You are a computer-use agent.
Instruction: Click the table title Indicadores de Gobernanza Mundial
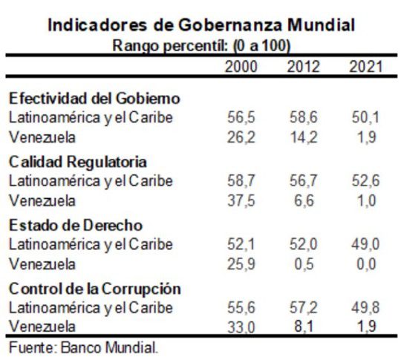click(x=200, y=24)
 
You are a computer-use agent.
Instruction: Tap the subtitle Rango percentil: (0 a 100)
click(x=200, y=45)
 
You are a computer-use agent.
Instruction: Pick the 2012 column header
click(x=303, y=67)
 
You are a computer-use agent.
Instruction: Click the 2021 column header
click(x=365, y=67)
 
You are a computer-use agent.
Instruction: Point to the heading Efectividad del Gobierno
click(x=94, y=99)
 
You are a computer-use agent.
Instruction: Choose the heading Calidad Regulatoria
click(x=78, y=162)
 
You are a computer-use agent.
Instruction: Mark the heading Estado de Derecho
click(x=76, y=225)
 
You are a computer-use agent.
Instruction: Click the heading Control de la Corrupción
click(x=95, y=289)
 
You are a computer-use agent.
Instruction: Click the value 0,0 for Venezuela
click(x=368, y=264)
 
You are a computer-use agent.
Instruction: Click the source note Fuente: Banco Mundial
click(x=83, y=347)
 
